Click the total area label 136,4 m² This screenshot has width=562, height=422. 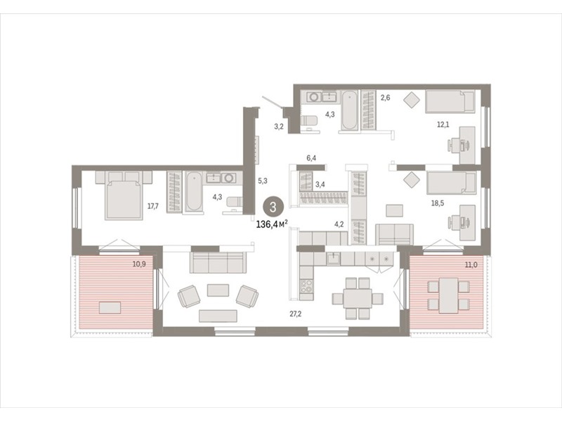(272, 224)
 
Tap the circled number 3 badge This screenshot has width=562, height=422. (273, 207)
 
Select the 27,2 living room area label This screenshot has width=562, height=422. (295, 314)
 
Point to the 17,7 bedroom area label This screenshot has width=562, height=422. (153, 206)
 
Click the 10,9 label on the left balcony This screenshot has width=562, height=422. (139, 264)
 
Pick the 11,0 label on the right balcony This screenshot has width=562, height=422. (471, 265)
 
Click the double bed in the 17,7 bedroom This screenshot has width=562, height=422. (124, 196)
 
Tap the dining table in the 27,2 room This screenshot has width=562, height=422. (358, 298)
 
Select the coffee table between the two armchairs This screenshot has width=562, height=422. (218, 290)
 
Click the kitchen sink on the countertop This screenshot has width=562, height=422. (334, 258)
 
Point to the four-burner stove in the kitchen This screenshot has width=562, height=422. (306, 286)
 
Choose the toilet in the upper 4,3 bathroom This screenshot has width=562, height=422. (308, 121)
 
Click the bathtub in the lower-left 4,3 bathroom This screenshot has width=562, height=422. (194, 192)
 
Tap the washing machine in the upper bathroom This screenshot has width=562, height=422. (314, 97)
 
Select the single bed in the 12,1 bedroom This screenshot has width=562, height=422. (450, 101)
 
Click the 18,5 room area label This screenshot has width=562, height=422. (437, 203)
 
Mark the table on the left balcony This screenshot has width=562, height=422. (110, 307)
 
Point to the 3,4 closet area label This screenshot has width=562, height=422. (320, 185)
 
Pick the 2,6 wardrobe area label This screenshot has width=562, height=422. (385, 97)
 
